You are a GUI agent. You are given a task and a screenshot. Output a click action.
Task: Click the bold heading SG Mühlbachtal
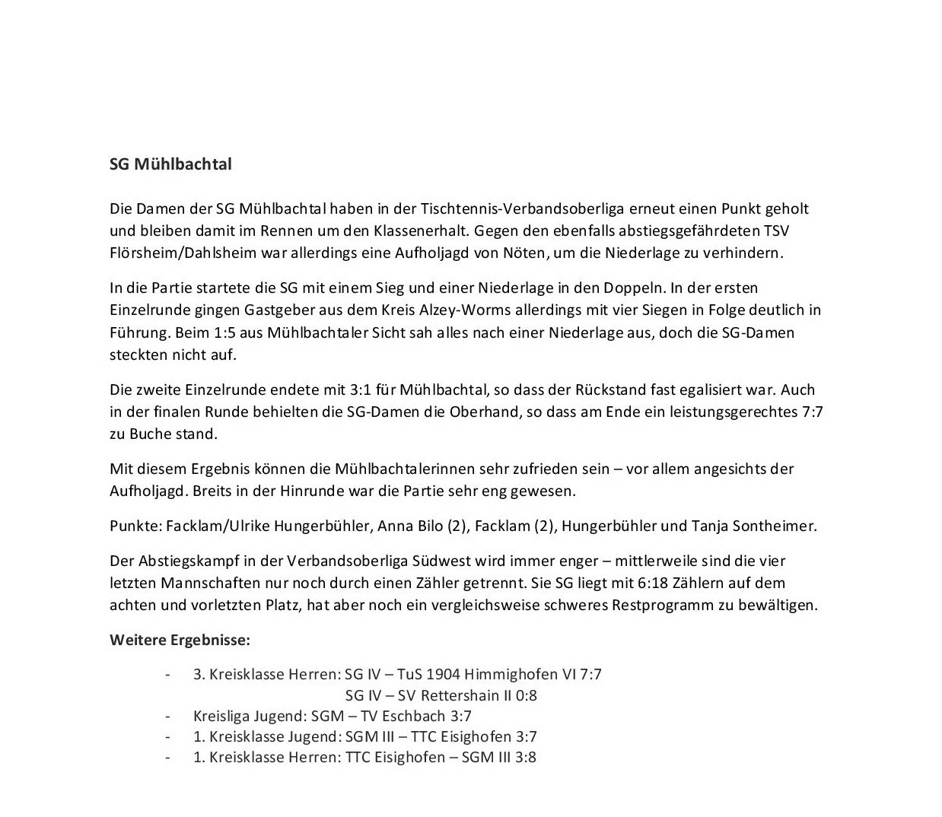tap(170, 164)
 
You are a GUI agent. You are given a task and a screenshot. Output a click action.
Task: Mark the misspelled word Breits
tap(212, 491)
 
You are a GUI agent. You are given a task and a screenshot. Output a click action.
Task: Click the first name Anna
tap(388, 526)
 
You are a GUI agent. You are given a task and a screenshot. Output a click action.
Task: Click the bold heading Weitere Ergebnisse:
tap(180, 640)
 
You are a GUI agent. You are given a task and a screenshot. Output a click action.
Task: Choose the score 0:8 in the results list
tap(525, 695)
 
